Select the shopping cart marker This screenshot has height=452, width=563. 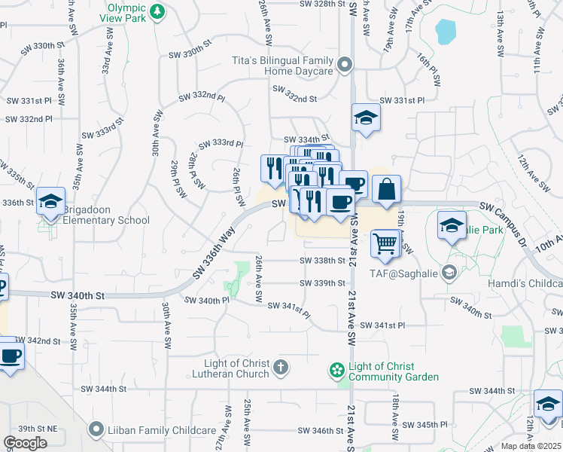[385, 243]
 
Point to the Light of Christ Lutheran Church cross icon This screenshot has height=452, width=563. [280, 368]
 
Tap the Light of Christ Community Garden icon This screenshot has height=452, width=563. [336, 371]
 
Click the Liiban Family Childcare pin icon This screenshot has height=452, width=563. [96, 430]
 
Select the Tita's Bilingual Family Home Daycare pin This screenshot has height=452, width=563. [345, 66]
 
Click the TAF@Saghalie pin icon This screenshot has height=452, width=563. [450, 273]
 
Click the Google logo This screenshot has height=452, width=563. [25, 443]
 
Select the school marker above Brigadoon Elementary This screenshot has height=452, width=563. [50, 201]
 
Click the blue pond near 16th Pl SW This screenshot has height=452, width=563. [446, 31]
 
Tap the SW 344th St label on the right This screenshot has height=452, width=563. [493, 392]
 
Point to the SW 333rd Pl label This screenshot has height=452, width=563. [221, 144]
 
